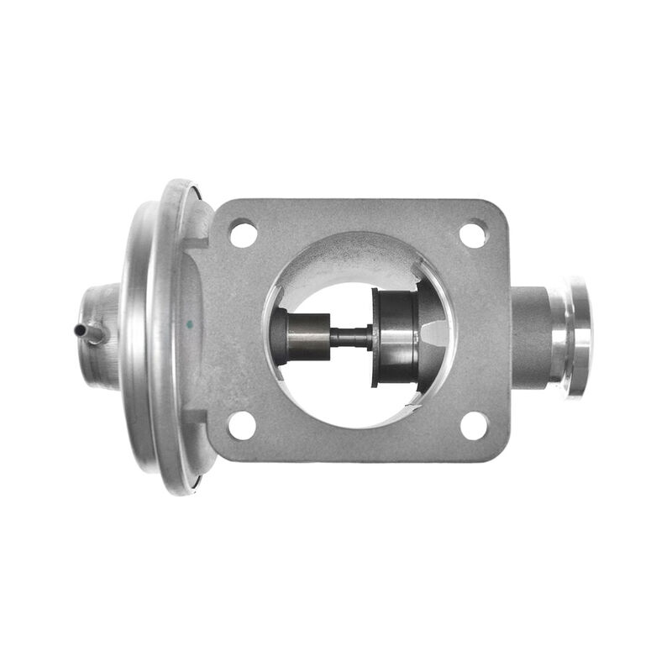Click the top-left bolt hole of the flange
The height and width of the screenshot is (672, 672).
pyautogui.click(x=244, y=233)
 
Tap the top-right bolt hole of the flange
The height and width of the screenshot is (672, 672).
pyautogui.click(x=474, y=233)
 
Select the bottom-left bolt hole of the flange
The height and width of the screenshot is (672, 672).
pyautogui.click(x=242, y=425)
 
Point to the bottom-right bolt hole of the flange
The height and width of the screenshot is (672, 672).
pyautogui.click(x=474, y=425)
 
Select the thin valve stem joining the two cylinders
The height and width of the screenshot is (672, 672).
pyautogui.click(x=351, y=337)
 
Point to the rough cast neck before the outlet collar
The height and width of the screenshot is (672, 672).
pyautogui.click(x=529, y=337)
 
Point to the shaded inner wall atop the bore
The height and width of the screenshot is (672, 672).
pyautogui.click(x=357, y=256)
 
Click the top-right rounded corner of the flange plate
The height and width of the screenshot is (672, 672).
pyautogui.click(x=499, y=209)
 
